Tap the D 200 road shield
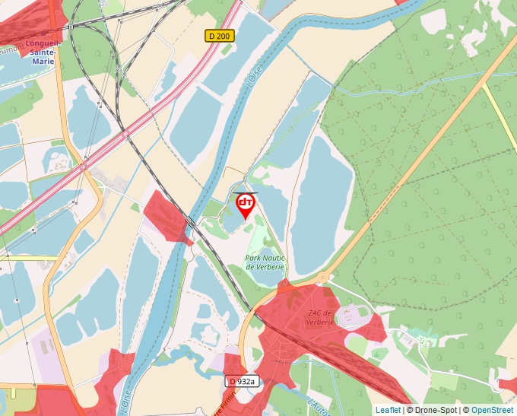[x=220, y=36]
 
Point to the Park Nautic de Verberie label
[x=265, y=262]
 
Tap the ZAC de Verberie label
[x=320, y=317]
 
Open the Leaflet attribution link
[x=388, y=410]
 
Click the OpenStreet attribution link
[x=492, y=410]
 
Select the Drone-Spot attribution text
[x=433, y=410]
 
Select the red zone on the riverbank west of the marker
[x=167, y=217]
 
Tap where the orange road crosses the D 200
[x=84, y=164]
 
